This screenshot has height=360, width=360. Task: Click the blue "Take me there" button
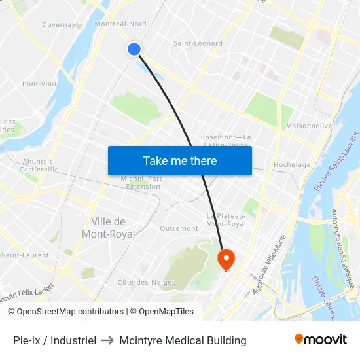pos(180,160)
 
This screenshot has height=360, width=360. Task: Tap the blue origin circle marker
pos(134,49)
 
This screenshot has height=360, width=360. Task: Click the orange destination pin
pos(226,260)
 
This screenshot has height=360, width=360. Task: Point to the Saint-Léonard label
pos(198,43)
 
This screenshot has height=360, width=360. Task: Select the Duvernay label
pos(59,25)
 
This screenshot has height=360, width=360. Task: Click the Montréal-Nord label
pos(120,24)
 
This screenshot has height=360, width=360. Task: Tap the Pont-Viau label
pos(39,84)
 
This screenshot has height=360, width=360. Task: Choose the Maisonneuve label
pos(309,126)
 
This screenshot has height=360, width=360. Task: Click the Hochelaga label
pos(292,165)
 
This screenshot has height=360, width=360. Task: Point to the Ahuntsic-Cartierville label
pos(40,165)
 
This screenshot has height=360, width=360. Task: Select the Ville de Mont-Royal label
pos(109,228)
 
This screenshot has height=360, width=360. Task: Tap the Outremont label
pos(179,228)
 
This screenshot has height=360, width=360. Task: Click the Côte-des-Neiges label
pos(139,282)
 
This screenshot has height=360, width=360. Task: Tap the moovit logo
pos(320,339)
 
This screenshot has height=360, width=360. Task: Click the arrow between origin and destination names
pos(108,340)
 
